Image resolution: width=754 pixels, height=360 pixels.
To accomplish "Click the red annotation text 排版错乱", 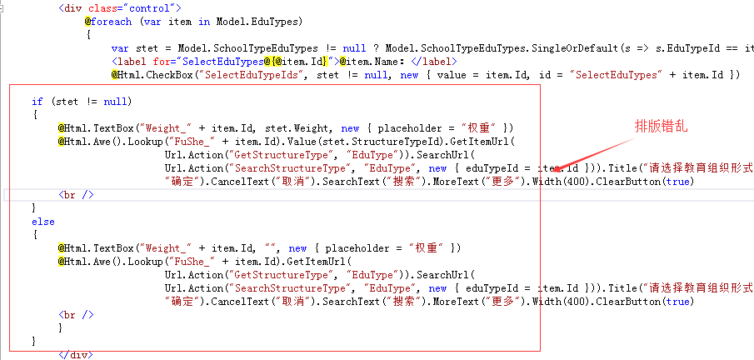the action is tap(662, 127).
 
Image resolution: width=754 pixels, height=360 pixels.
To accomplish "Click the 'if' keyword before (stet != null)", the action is tap(37, 102).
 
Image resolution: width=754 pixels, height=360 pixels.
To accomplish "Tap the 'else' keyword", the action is tap(42, 222).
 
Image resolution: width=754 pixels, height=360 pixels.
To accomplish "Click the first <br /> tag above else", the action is tap(76, 195).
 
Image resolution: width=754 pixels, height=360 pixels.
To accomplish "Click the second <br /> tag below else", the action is tap(76, 315).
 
